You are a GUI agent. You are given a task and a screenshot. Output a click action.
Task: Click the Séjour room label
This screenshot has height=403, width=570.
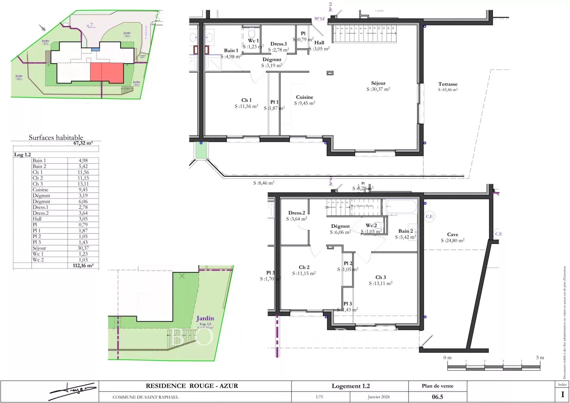(x=378, y=83)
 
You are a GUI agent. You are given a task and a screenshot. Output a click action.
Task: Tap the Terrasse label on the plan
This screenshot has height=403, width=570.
(x=448, y=84)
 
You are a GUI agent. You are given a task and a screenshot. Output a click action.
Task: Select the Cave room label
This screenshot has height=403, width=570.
(x=452, y=235)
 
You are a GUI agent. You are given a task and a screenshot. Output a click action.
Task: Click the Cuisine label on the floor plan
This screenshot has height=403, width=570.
(x=304, y=97)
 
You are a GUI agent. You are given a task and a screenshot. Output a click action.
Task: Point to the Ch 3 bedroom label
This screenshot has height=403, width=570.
(x=381, y=277)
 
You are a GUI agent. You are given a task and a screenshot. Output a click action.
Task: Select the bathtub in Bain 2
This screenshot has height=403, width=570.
(x=401, y=207)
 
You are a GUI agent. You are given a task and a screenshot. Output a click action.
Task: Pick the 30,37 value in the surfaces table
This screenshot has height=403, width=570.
(x=83, y=248)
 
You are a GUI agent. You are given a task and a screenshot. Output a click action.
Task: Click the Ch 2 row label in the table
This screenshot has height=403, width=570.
(x=38, y=178)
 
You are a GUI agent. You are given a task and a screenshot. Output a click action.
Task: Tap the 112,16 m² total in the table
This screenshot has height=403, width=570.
(x=83, y=266)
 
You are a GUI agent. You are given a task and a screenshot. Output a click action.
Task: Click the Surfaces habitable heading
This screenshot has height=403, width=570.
(x=56, y=137)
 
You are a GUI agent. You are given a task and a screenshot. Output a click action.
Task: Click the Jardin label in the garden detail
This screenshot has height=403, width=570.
(x=205, y=318)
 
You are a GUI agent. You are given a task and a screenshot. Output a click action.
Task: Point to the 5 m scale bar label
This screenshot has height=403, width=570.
(x=540, y=358)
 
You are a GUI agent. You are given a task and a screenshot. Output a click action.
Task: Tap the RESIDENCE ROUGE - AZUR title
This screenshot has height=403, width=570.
(x=192, y=386)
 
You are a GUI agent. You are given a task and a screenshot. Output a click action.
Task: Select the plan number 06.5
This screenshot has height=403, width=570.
(x=437, y=397)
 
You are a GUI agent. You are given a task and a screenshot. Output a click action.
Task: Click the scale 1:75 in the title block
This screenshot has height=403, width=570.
(x=319, y=397)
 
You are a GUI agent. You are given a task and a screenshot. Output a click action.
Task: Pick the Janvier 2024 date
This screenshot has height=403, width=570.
(x=379, y=397)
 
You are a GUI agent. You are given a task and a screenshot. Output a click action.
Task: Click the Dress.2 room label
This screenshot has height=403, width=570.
(x=297, y=213)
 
